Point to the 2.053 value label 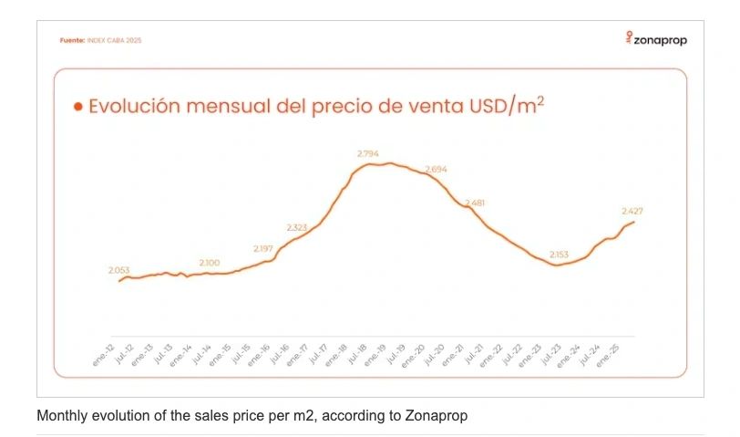[x=119, y=270]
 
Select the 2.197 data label [x=263, y=248]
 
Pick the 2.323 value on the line [x=297, y=227]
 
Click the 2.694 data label [x=437, y=169]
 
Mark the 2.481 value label [x=476, y=203]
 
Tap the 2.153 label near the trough [x=560, y=255]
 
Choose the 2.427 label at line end [x=632, y=211]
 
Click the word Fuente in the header [x=73, y=41]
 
